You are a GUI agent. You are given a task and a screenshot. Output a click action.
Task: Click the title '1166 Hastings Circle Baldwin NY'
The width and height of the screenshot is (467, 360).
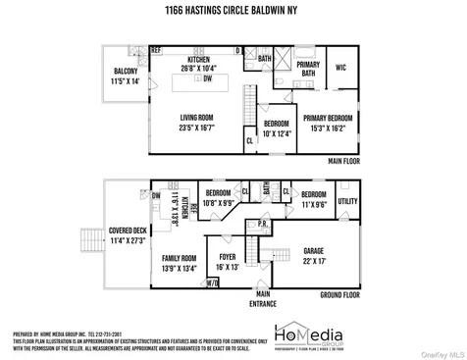tap(233, 12)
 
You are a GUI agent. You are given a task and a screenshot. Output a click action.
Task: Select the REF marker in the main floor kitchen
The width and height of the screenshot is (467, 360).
tap(155, 49)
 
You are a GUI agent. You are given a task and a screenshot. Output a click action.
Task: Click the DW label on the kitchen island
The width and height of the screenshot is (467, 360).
tap(206, 78)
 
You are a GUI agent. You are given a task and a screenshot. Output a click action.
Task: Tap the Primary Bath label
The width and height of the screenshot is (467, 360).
tap(308, 69)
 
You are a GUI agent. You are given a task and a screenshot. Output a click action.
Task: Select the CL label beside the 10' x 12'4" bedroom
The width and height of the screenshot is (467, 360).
tap(249, 140)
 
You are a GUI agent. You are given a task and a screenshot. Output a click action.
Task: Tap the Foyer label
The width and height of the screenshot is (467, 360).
tap(228, 258)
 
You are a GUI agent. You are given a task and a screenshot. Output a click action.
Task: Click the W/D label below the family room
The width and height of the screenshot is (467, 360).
tap(213, 283)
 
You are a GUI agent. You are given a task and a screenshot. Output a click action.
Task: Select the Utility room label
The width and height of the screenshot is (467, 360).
tap(348, 201)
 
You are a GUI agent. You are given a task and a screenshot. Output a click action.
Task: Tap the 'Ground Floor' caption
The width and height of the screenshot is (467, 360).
tap(341, 294)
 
